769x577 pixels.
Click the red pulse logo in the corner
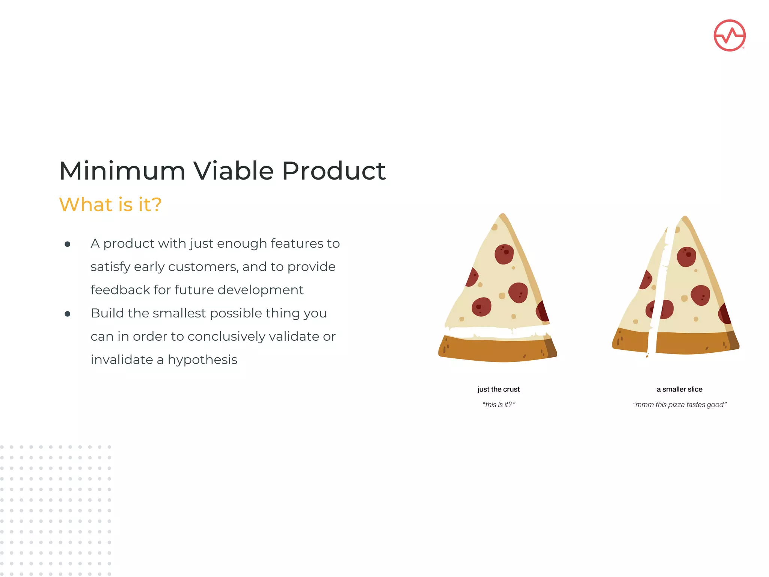[x=729, y=35]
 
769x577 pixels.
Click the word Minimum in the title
[x=122, y=171]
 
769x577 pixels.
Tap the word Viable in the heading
[x=233, y=171]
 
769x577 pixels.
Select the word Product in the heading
[x=333, y=171]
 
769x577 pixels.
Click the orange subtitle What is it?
[x=110, y=205]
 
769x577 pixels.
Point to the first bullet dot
[x=68, y=245]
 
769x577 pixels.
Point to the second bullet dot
[x=68, y=314]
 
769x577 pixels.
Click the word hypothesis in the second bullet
[x=202, y=360]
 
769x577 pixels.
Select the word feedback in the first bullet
[x=120, y=290]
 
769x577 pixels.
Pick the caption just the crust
[x=498, y=390]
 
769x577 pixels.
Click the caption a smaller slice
[x=679, y=390]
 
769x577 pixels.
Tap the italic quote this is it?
[x=499, y=405]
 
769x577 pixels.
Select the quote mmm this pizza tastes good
[x=680, y=405]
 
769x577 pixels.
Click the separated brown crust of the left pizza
[x=496, y=349]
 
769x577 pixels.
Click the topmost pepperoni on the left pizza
[x=504, y=254]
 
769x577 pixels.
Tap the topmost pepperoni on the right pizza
[x=686, y=257]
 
